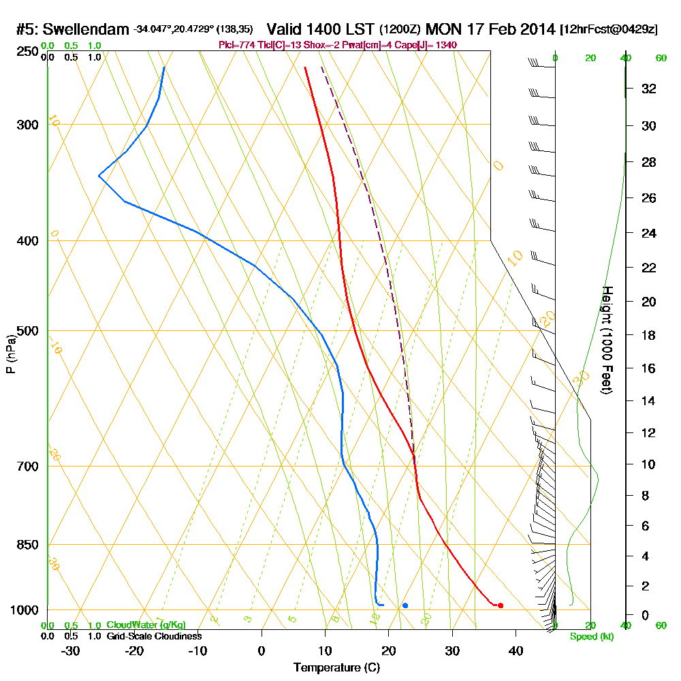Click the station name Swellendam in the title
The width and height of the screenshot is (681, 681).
[x=89, y=30]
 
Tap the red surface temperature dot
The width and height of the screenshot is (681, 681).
[x=501, y=605]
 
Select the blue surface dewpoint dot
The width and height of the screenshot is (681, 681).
[x=405, y=605]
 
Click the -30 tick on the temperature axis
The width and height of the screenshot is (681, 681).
[x=71, y=650]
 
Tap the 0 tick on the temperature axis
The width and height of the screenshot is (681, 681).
[x=262, y=650]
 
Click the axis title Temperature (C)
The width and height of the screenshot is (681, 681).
[x=337, y=668]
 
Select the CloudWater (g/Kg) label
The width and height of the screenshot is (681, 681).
[x=146, y=625]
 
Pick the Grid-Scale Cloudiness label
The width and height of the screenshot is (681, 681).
[x=154, y=636]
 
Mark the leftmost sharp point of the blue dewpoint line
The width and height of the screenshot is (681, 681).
[x=99, y=176]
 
